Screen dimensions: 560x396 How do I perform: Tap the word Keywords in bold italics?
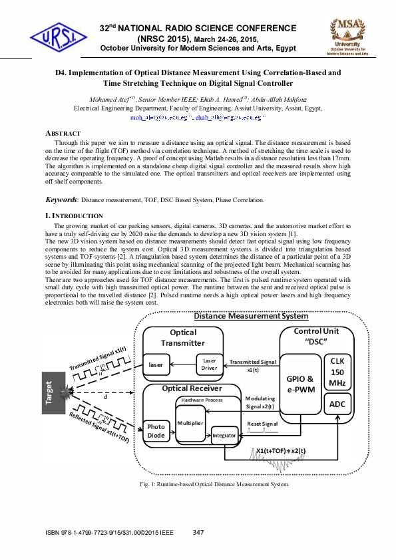(61, 200)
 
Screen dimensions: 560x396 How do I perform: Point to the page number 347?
(198, 532)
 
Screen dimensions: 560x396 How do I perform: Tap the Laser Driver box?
(209, 364)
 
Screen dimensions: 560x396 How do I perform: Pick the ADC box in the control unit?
(337, 404)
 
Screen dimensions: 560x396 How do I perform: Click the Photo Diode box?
(157, 431)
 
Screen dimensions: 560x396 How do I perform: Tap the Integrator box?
(224, 436)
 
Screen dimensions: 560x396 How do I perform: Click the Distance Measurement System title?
(251, 316)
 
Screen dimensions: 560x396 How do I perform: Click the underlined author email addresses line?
(198, 117)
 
